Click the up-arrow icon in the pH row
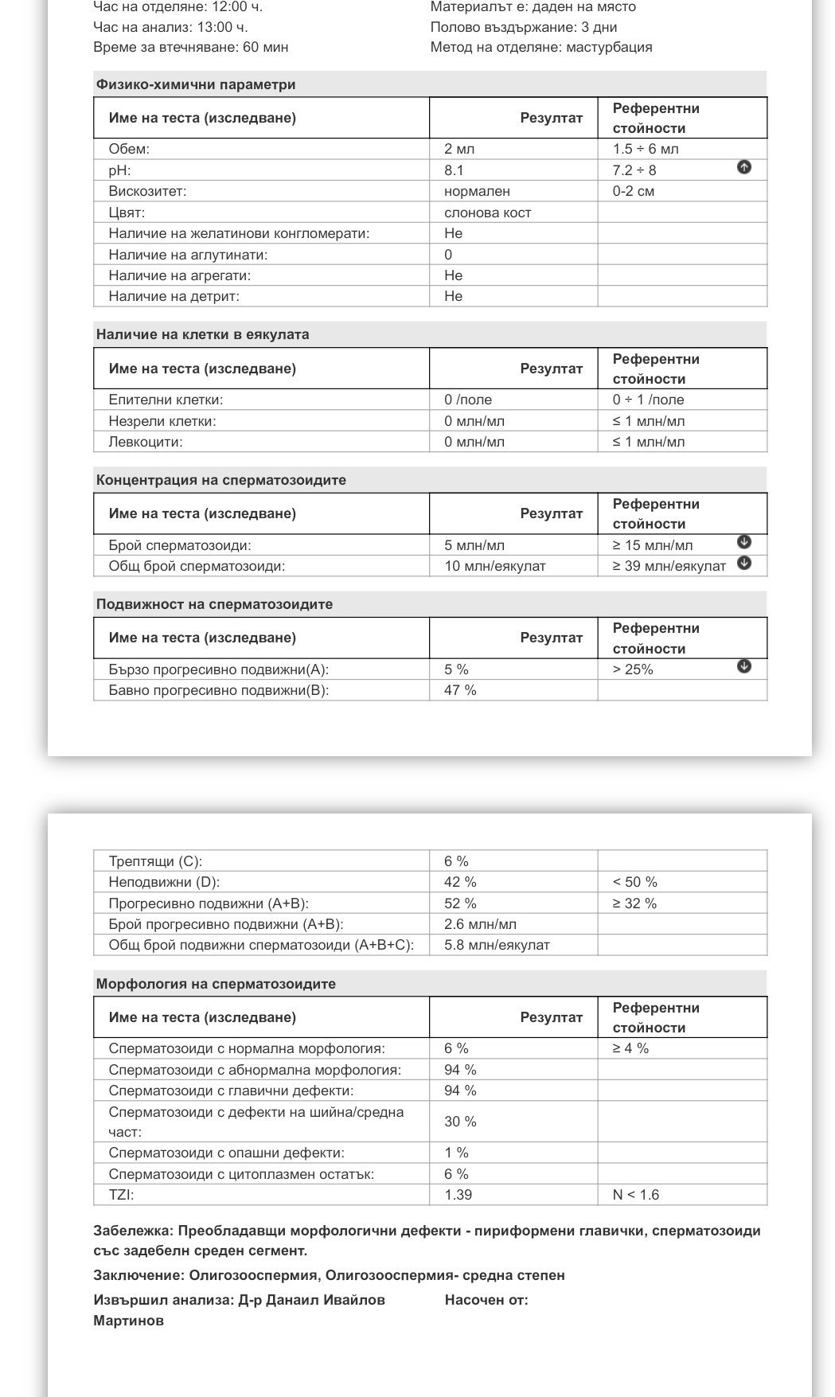tap(743, 167)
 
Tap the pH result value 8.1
tap(454, 170)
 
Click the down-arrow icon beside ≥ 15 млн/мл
tap(743, 542)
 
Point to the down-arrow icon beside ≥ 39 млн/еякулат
tap(743, 563)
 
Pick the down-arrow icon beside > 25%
tap(743, 666)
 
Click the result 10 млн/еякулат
tap(494, 566)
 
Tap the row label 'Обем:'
tap(129, 149)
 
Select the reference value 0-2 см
tap(633, 191)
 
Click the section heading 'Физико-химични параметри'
tap(196, 84)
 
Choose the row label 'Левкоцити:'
tap(146, 442)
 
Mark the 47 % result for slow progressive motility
tap(460, 690)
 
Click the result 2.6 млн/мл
tap(480, 924)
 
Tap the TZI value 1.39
tap(458, 1195)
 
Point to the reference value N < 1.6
tap(635, 1195)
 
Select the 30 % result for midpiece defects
tap(460, 1122)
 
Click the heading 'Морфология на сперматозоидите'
tap(216, 984)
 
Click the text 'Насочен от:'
tap(486, 1300)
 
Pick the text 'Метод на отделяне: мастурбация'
tap(540, 47)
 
